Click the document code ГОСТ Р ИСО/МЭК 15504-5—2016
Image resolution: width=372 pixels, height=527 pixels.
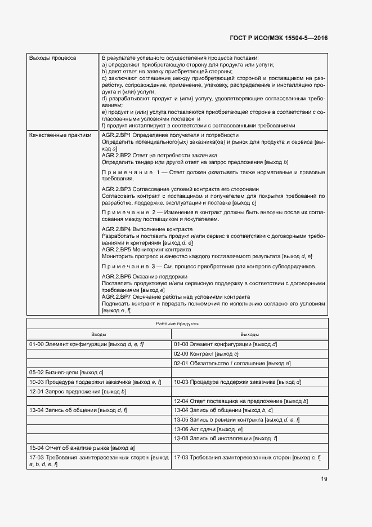click(279, 38)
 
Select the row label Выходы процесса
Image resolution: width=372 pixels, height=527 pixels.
click(53, 57)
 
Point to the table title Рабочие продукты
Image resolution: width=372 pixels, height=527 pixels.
click(177, 324)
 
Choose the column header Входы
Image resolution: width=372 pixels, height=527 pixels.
click(98, 334)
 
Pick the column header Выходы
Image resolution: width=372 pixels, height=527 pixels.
click(249, 334)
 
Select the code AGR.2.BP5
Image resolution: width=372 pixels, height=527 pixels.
click(116, 249)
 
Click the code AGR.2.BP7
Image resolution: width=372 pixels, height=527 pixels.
click(116, 296)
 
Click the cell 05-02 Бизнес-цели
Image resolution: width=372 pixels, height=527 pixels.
click(66, 373)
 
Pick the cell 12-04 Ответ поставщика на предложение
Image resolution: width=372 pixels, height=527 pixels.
click(240, 401)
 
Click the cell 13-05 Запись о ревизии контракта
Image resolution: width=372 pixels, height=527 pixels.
click(236, 419)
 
